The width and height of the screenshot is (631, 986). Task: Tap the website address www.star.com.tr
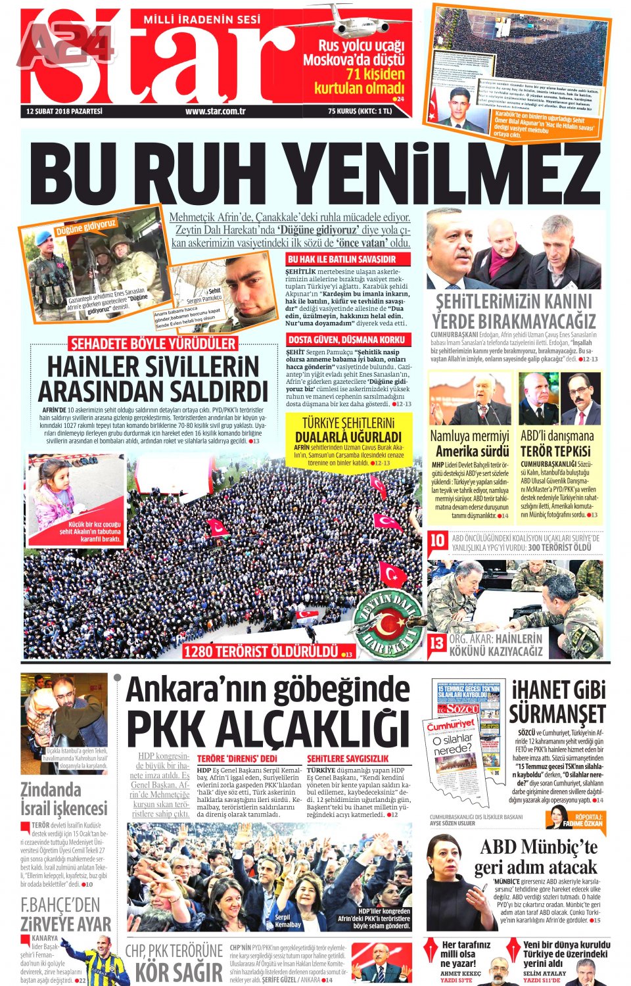pos(215,111)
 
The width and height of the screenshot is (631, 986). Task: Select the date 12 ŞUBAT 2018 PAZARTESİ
pos(64,111)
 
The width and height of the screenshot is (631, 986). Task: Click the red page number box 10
pos(437,541)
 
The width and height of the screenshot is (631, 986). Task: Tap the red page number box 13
pos(437,644)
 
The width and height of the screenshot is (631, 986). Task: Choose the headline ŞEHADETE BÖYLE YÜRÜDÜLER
pos(152,344)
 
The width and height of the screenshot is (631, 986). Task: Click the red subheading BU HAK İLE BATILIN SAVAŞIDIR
pos(342,260)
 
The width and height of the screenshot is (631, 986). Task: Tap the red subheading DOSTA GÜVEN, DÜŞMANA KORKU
pos(346,340)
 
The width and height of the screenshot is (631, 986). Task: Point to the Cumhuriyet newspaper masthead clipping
pos(450,726)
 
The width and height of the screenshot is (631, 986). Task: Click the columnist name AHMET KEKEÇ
pos(460,973)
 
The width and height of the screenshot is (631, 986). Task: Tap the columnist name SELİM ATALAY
pos(544,973)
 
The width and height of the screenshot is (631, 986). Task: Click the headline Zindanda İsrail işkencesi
pos(63,799)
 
